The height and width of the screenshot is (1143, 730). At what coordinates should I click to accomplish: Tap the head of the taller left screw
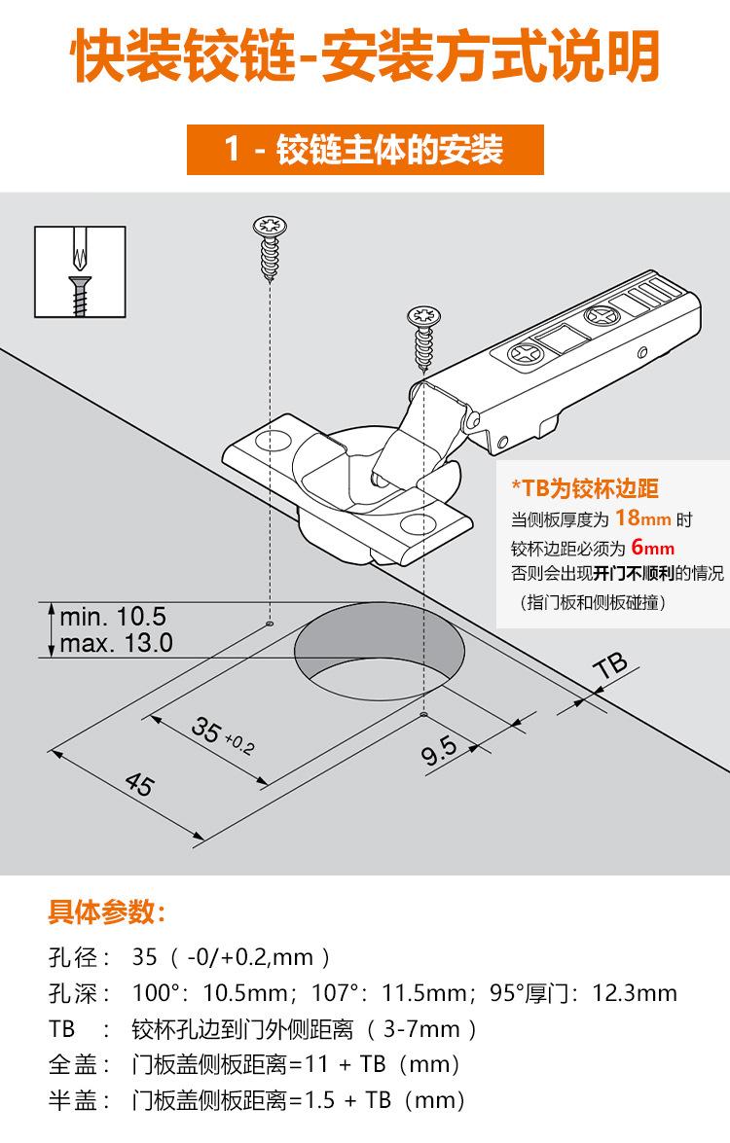pos(267,226)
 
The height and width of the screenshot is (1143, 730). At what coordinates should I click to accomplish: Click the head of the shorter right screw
pos(425,318)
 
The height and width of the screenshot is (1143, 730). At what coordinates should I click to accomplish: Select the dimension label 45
pos(140,783)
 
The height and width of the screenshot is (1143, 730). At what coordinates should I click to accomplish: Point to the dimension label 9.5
pos(439,752)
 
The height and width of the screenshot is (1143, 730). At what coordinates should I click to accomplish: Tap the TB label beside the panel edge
pos(610,666)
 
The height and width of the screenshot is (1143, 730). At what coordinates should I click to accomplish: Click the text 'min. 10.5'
pos(113,617)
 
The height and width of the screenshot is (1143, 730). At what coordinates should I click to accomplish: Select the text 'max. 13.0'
pos(116,643)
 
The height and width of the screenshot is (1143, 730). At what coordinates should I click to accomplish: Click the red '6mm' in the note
pos(651,547)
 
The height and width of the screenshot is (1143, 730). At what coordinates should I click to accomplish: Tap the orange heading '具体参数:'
pos(107,913)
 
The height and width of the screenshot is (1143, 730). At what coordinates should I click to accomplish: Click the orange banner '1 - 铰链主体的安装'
pos(364,151)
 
